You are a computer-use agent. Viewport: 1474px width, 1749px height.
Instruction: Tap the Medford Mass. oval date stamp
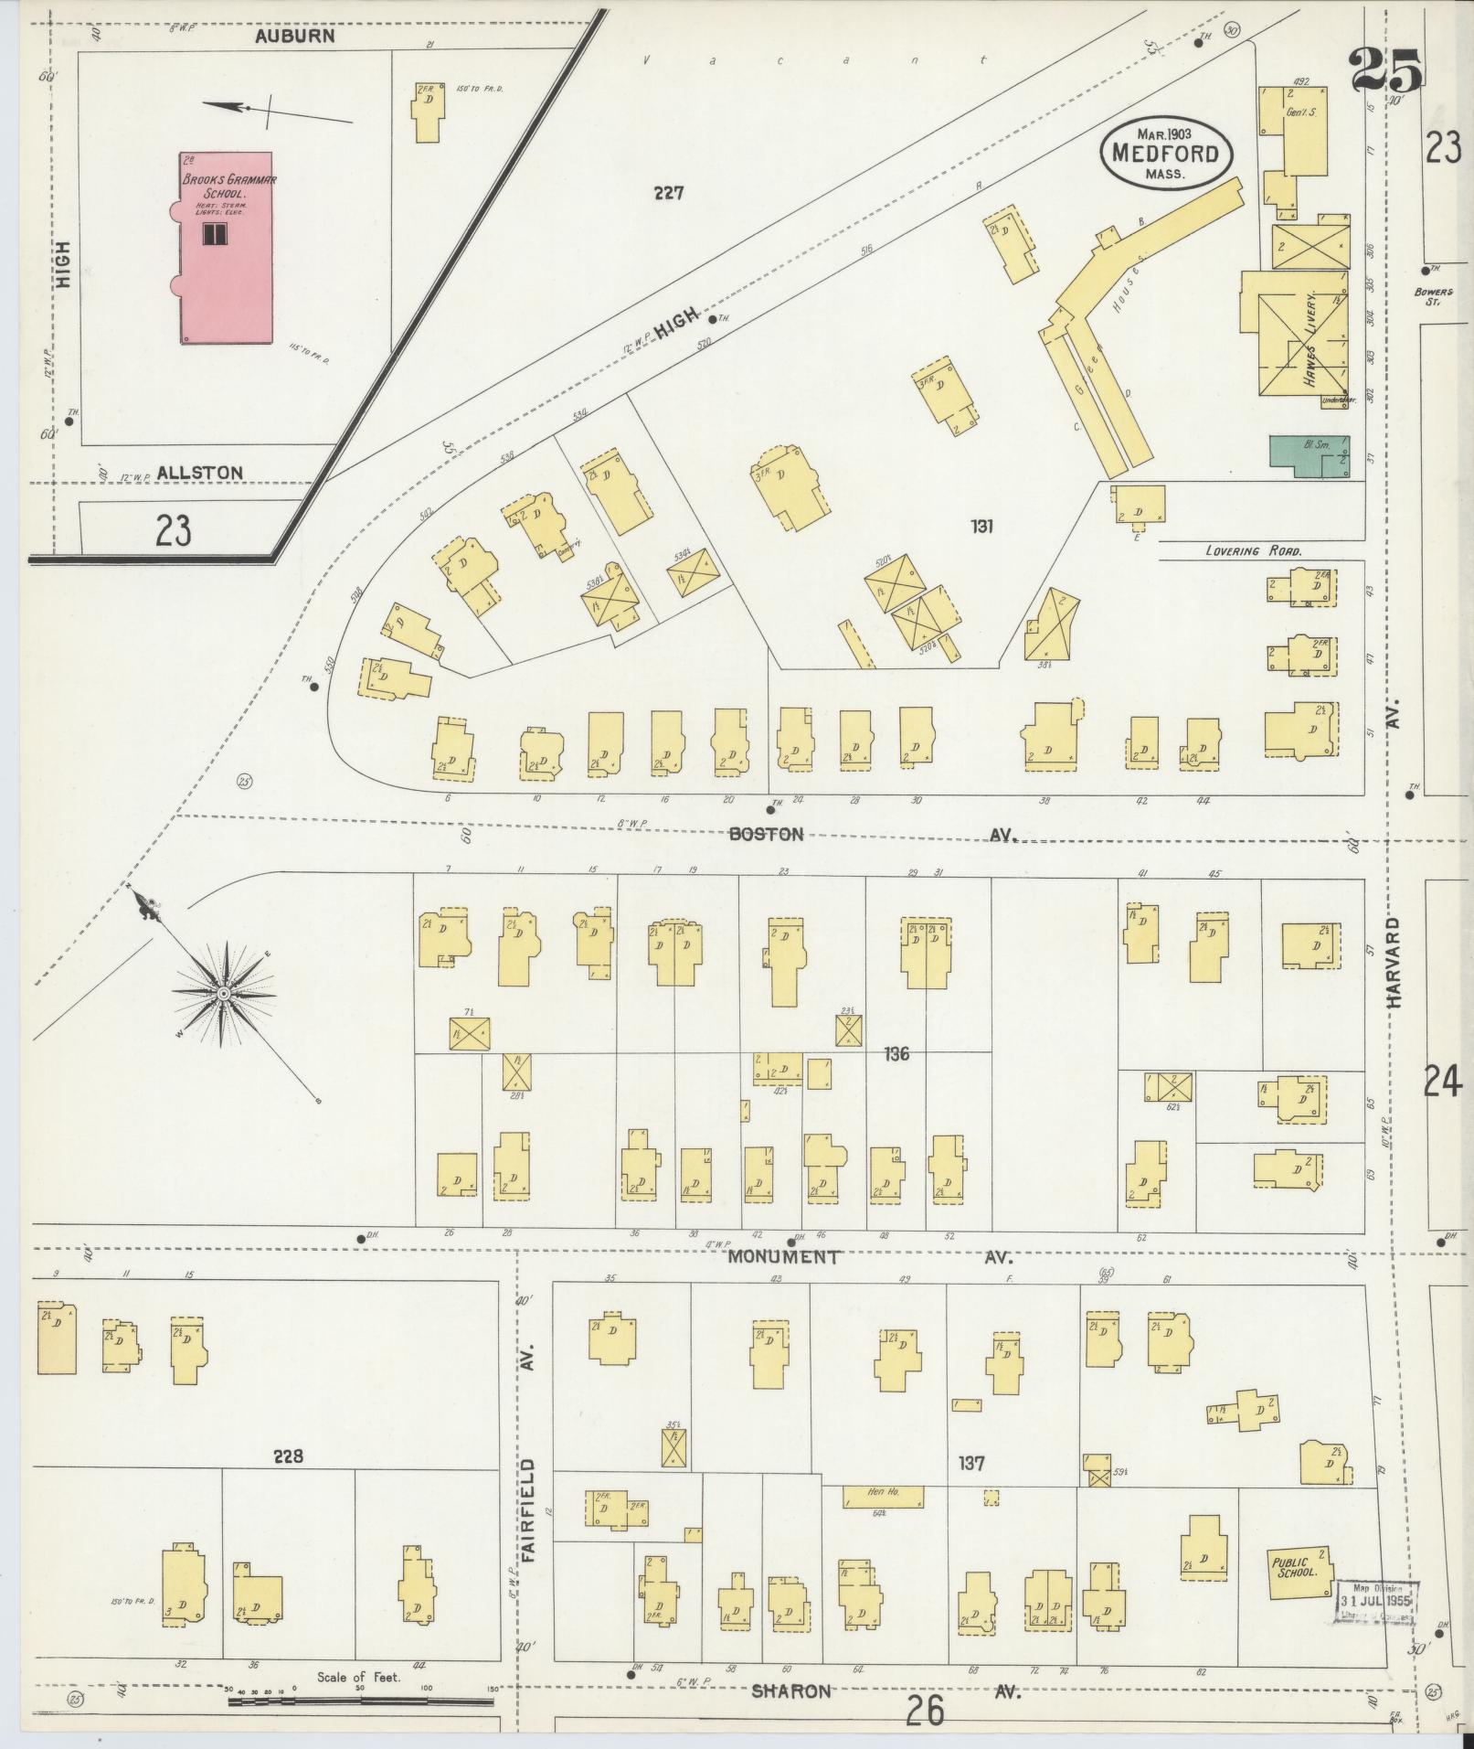(x=1165, y=153)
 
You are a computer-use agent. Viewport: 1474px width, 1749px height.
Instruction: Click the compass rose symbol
(x=222, y=993)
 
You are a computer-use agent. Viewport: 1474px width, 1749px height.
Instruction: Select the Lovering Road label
(x=1252, y=551)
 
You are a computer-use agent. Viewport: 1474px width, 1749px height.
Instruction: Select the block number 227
(x=669, y=193)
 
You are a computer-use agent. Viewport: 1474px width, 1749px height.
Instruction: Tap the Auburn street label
(x=294, y=37)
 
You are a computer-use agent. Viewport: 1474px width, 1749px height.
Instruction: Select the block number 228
(x=287, y=1456)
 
